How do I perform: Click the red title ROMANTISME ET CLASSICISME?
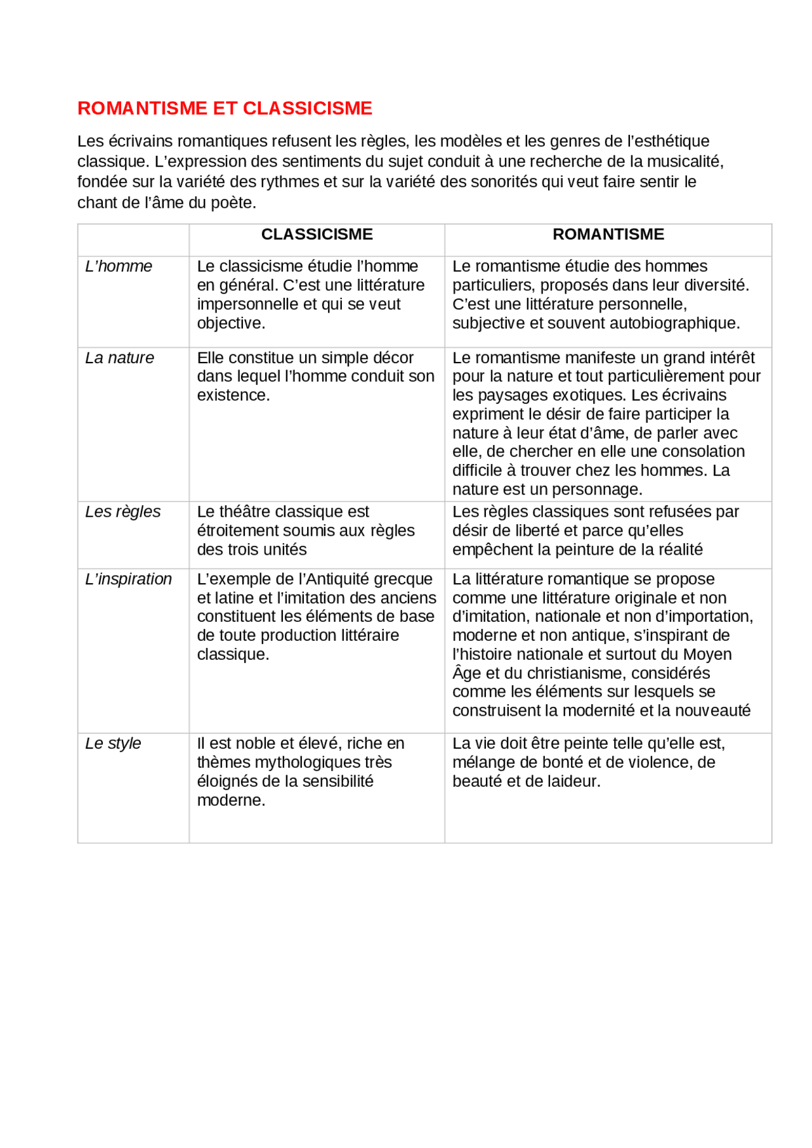[225, 108]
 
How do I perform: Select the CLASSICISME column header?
[317, 235]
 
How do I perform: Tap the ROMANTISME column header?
[608, 235]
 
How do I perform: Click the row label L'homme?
[119, 266]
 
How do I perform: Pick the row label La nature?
[119, 358]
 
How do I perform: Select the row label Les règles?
[122, 512]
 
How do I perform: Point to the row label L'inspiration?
[128, 579]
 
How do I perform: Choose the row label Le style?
[113, 744]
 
